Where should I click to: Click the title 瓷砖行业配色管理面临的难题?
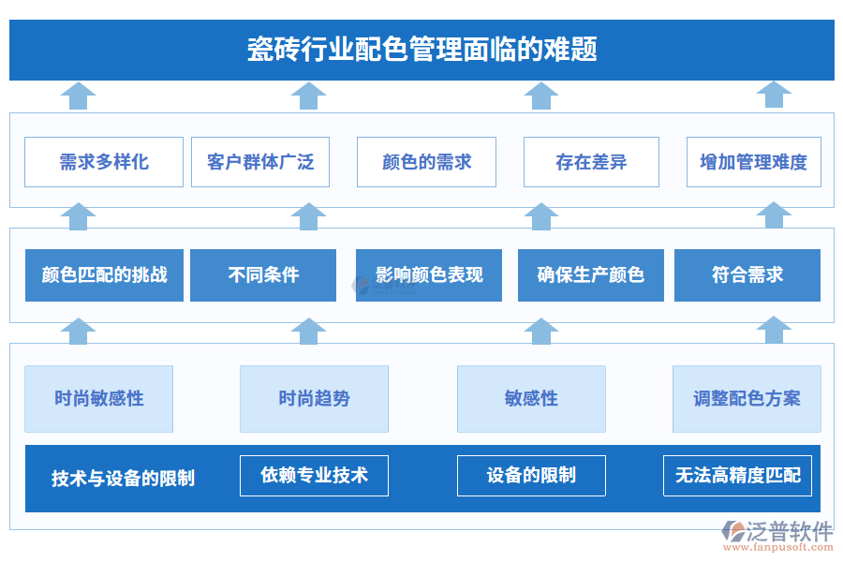click(421, 49)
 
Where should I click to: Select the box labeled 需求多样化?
click(104, 162)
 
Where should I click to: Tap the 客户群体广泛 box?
click(260, 162)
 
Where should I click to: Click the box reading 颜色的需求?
click(426, 162)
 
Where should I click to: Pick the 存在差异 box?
click(591, 162)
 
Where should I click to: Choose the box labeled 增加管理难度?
click(753, 162)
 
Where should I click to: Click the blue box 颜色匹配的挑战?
click(104, 275)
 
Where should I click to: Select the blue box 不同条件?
click(263, 275)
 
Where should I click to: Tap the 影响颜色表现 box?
click(429, 275)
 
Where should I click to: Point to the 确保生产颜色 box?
click(591, 275)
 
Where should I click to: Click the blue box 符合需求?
click(747, 275)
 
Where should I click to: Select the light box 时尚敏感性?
click(99, 399)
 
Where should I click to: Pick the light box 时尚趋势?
click(314, 399)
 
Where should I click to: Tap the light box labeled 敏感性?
click(531, 399)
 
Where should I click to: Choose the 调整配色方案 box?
click(747, 399)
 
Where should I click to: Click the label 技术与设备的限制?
click(123, 479)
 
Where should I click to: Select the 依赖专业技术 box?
click(314, 476)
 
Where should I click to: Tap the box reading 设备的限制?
click(531, 476)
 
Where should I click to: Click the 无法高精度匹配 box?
click(737, 476)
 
